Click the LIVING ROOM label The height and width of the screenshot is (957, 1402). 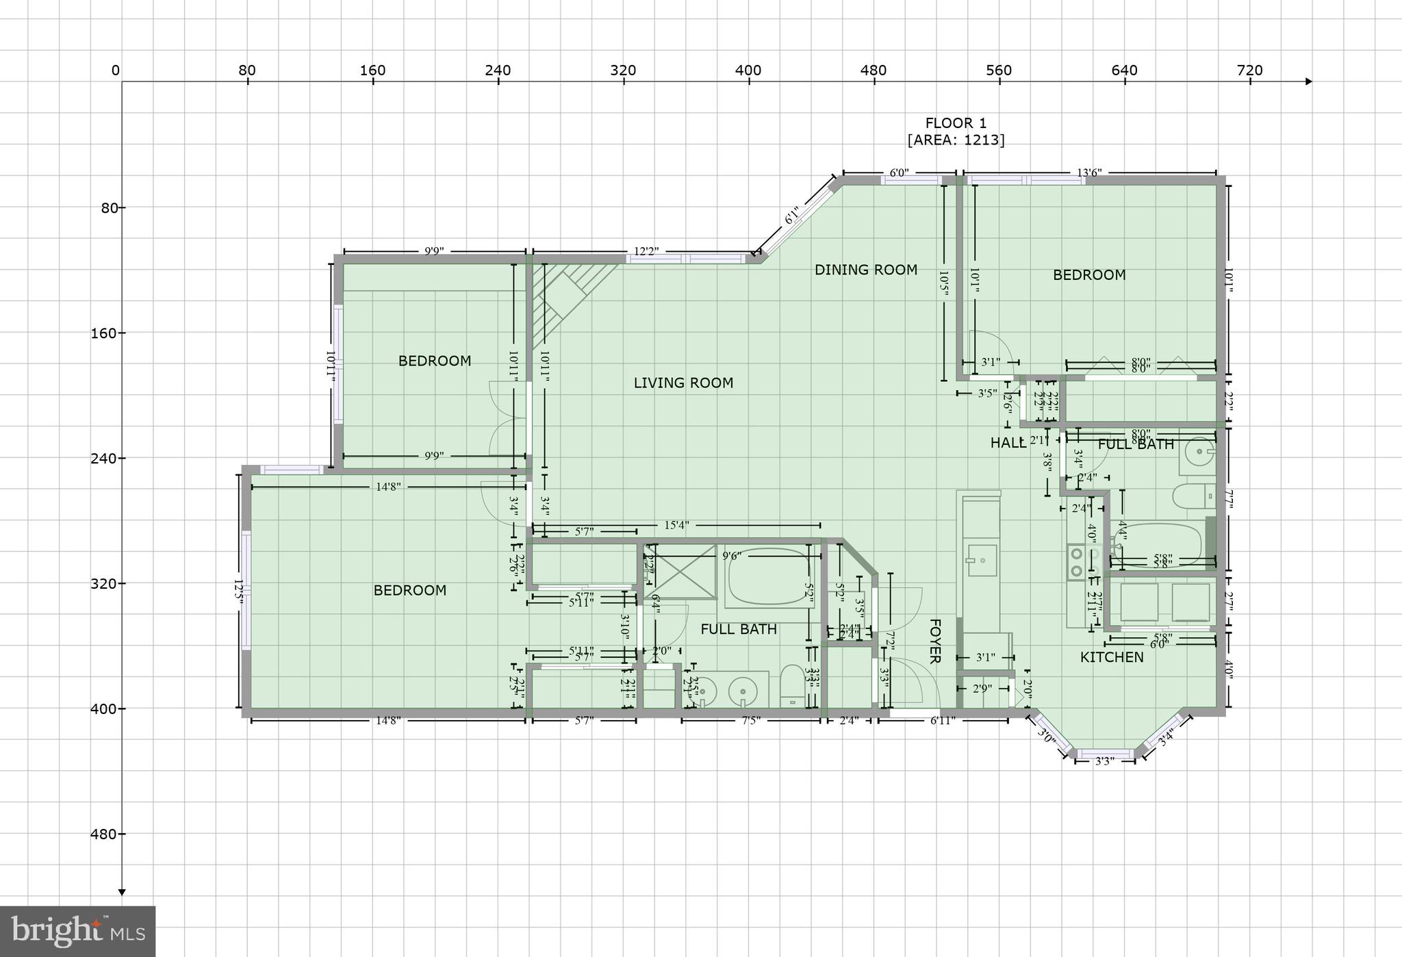pyautogui.click(x=683, y=383)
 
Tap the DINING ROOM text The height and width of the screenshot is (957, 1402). pyautogui.click(x=865, y=270)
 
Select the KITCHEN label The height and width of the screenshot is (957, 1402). pyautogui.click(x=1112, y=657)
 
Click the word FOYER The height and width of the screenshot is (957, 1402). pyautogui.click(x=934, y=641)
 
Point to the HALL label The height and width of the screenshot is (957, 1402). pyautogui.click(x=1008, y=444)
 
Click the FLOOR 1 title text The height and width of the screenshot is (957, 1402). pyautogui.click(x=956, y=124)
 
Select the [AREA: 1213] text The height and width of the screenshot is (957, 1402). pyautogui.click(x=956, y=140)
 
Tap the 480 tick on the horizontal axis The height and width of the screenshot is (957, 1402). pyautogui.click(x=874, y=71)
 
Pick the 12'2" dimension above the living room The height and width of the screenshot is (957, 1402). pyautogui.click(x=646, y=251)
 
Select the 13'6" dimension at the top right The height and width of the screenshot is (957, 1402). pyautogui.click(x=1089, y=173)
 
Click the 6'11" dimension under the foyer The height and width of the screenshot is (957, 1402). pyautogui.click(x=942, y=720)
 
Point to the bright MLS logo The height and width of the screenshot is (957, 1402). pyautogui.click(x=77, y=932)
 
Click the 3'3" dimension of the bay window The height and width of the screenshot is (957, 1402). pyautogui.click(x=1104, y=761)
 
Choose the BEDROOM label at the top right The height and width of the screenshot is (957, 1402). pyautogui.click(x=1088, y=275)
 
